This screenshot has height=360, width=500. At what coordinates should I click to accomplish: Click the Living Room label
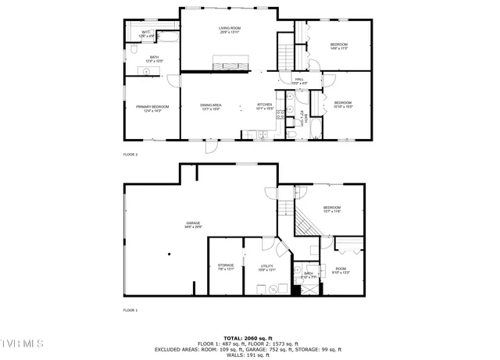pos(229,30)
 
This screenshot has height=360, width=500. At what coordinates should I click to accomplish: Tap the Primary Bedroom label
pos(153,109)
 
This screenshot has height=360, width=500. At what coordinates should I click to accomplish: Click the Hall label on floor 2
pos(299,80)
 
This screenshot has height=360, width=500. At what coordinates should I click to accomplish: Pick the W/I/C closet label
pos(146,34)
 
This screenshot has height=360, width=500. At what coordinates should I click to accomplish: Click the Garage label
pos(193,225)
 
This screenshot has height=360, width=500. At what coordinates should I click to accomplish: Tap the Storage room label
pos(226,267)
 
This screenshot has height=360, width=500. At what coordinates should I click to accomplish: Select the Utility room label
pos(266,268)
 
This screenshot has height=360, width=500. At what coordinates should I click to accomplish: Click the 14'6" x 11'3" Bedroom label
pos(338,46)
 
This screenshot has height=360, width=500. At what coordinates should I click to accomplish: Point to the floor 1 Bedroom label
pos(333,209)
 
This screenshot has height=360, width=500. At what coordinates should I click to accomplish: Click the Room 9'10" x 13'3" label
pos(341,270)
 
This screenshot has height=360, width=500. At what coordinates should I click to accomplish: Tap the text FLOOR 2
pos(130,155)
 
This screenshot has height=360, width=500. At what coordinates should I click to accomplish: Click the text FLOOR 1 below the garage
pos(130,311)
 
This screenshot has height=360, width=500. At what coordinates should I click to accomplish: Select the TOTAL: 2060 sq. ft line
pos(250,337)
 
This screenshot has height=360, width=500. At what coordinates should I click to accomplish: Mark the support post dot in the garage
pos(168,254)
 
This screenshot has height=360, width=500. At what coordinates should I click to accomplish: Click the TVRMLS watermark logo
pos(23,343)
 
